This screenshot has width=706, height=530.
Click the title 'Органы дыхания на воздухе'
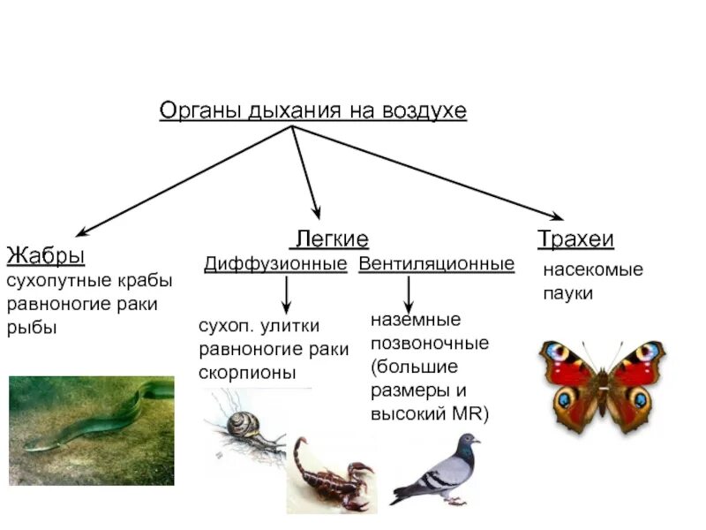pyautogui.click(x=312, y=111)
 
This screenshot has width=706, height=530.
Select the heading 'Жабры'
pyautogui.click(x=46, y=256)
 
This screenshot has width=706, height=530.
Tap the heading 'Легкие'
pyautogui.click(x=330, y=239)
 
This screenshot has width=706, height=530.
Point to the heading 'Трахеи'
pyautogui.click(x=575, y=239)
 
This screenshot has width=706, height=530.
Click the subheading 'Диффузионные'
pyautogui.click(x=275, y=264)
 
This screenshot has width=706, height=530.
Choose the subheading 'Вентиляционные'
pyautogui.click(x=436, y=264)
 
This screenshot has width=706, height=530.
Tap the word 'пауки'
pyautogui.click(x=567, y=293)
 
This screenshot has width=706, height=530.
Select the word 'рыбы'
pyautogui.click(x=32, y=328)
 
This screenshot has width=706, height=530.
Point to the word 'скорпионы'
pyautogui.click(x=248, y=372)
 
